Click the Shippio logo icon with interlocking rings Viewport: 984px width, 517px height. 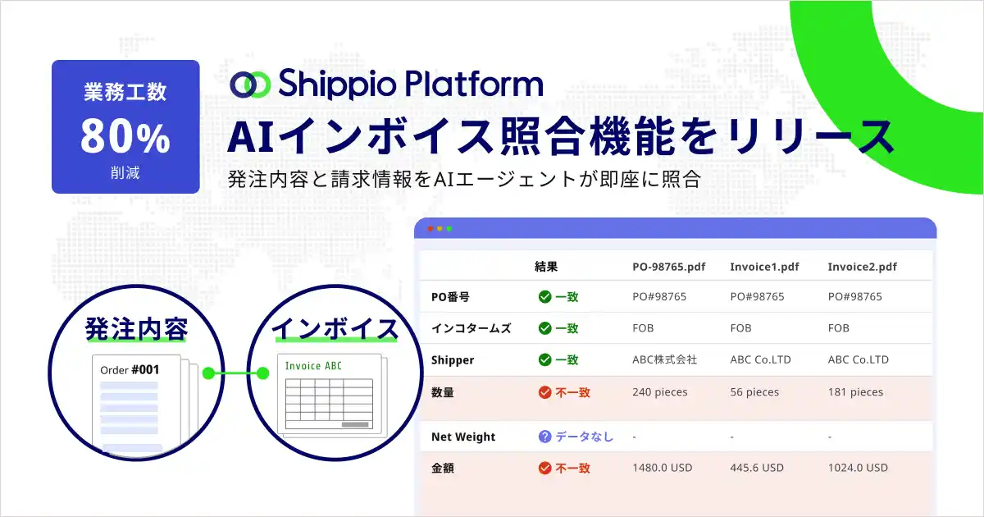(249, 84)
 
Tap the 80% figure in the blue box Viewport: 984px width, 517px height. (125, 137)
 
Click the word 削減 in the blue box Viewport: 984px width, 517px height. (125, 174)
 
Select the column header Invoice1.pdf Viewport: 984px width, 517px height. (764, 267)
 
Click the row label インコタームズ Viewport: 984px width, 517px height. (471, 328)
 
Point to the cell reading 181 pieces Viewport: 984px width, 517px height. (855, 392)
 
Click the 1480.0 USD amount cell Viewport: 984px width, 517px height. (662, 468)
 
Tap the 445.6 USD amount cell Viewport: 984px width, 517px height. (756, 468)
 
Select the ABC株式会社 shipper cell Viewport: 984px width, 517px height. (664, 359)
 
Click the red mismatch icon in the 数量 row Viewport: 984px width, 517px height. (544, 392)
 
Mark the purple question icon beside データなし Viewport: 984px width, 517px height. (544, 437)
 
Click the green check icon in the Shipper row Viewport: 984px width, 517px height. (544, 359)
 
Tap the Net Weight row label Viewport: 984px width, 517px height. (463, 437)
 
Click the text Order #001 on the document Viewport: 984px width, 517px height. (130, 370)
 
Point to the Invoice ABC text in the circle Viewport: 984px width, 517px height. (313, 365)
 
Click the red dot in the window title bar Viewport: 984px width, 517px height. (429, 228)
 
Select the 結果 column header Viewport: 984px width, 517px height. (546, 267)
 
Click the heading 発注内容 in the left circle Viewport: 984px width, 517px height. (136, 329)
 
